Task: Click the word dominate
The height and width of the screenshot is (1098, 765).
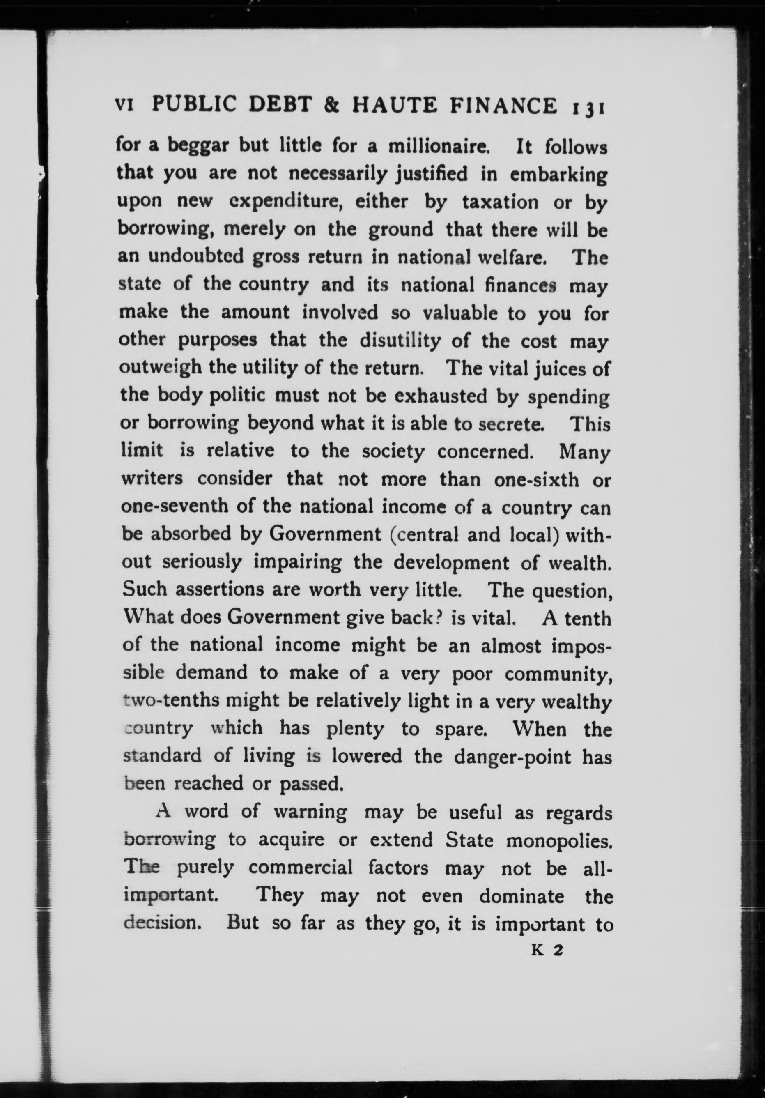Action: coord(521,895)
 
